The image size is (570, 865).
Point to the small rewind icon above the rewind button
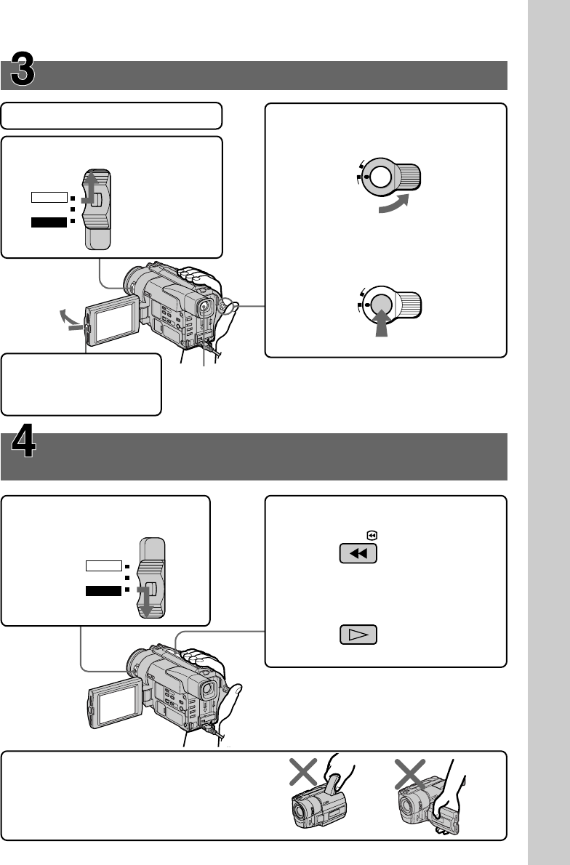pos(372,535)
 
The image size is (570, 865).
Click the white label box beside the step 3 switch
pos(49,197)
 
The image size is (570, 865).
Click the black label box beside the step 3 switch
pos(49,222)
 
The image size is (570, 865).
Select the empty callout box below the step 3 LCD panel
pos(81,384)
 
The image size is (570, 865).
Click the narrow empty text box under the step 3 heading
pos(111,116)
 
